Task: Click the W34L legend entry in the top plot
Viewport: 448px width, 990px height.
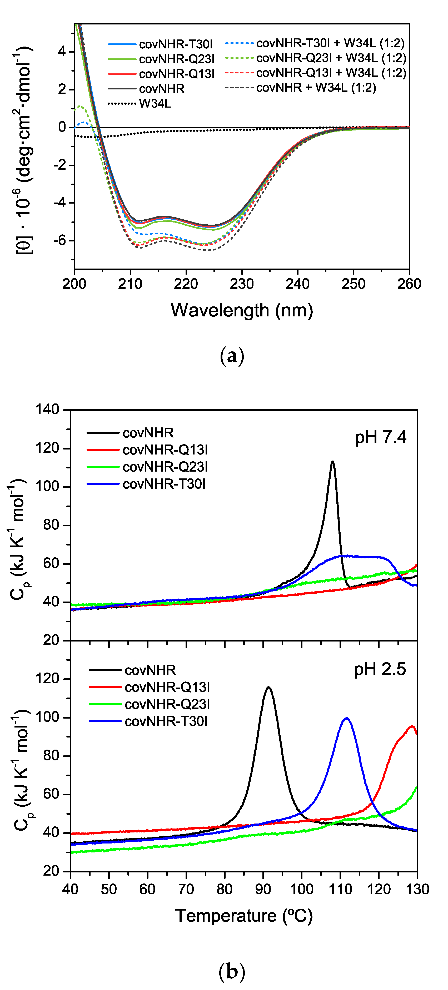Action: click(x=155, y=103)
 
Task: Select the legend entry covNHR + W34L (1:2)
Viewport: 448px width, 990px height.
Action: click(x=316, y=88)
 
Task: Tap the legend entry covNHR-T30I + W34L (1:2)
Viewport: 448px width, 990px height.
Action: click(x=330, y=43)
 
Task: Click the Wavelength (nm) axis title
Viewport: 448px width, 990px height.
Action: click(x=241, y=310)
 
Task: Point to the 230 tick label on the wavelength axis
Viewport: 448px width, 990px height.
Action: click(x=241, y=284)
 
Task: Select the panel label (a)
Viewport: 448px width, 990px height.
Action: click(x=232, y=356)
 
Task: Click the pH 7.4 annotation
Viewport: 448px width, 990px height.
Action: click(x=380, y=437)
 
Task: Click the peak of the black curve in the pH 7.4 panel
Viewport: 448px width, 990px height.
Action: click(x=333, y=462)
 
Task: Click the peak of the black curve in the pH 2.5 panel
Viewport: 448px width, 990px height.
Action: click(x=268, y=687)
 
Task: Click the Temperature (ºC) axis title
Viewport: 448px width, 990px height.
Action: click(x=244, y=916)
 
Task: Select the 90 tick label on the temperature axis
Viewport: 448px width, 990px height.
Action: click(x=263, y=889)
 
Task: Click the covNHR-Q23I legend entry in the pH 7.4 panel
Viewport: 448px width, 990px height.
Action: click(x=165, y=467)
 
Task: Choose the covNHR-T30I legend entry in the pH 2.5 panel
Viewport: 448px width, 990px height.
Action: click(x=166, y=721)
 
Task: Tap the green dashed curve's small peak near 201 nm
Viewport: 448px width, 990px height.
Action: click(x=79, y=106)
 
